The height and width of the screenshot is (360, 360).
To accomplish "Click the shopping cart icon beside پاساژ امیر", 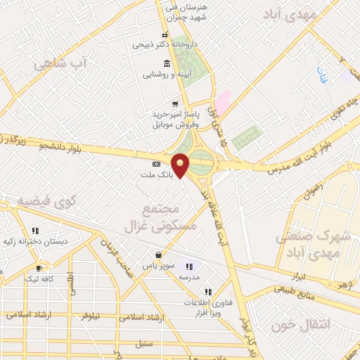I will click(x=174, y=103).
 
